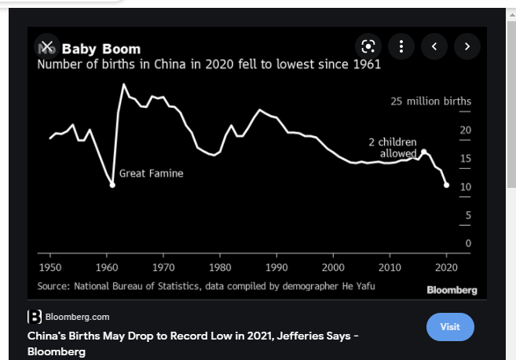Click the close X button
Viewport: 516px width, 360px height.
47,46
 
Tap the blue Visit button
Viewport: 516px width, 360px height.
450,326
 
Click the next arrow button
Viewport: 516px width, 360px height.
467,46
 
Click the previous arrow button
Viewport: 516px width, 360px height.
434,46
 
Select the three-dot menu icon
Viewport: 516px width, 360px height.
401,46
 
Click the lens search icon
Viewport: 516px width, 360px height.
367,46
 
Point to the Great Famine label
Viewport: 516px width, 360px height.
151,174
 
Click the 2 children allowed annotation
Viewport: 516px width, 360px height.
392,148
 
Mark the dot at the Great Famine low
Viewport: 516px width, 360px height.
112,185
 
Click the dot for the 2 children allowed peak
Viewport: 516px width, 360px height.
424,152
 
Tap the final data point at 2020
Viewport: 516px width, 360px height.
447,186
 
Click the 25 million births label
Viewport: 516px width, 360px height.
430,101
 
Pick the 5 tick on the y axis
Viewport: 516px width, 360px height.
467,215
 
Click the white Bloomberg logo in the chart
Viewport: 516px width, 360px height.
452,290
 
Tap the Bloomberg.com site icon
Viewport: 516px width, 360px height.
35,317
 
